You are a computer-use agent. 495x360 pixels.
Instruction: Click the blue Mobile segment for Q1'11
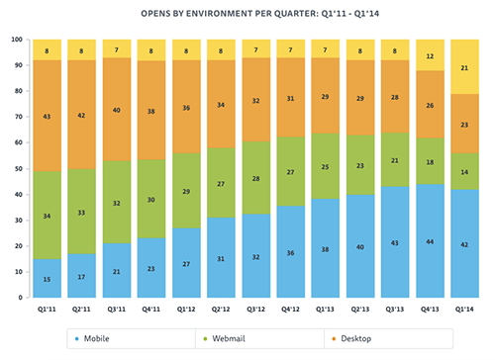point(49,278)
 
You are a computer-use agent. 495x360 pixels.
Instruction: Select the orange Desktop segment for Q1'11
point(49,116)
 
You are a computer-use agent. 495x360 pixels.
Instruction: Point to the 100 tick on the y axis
point(17,40)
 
